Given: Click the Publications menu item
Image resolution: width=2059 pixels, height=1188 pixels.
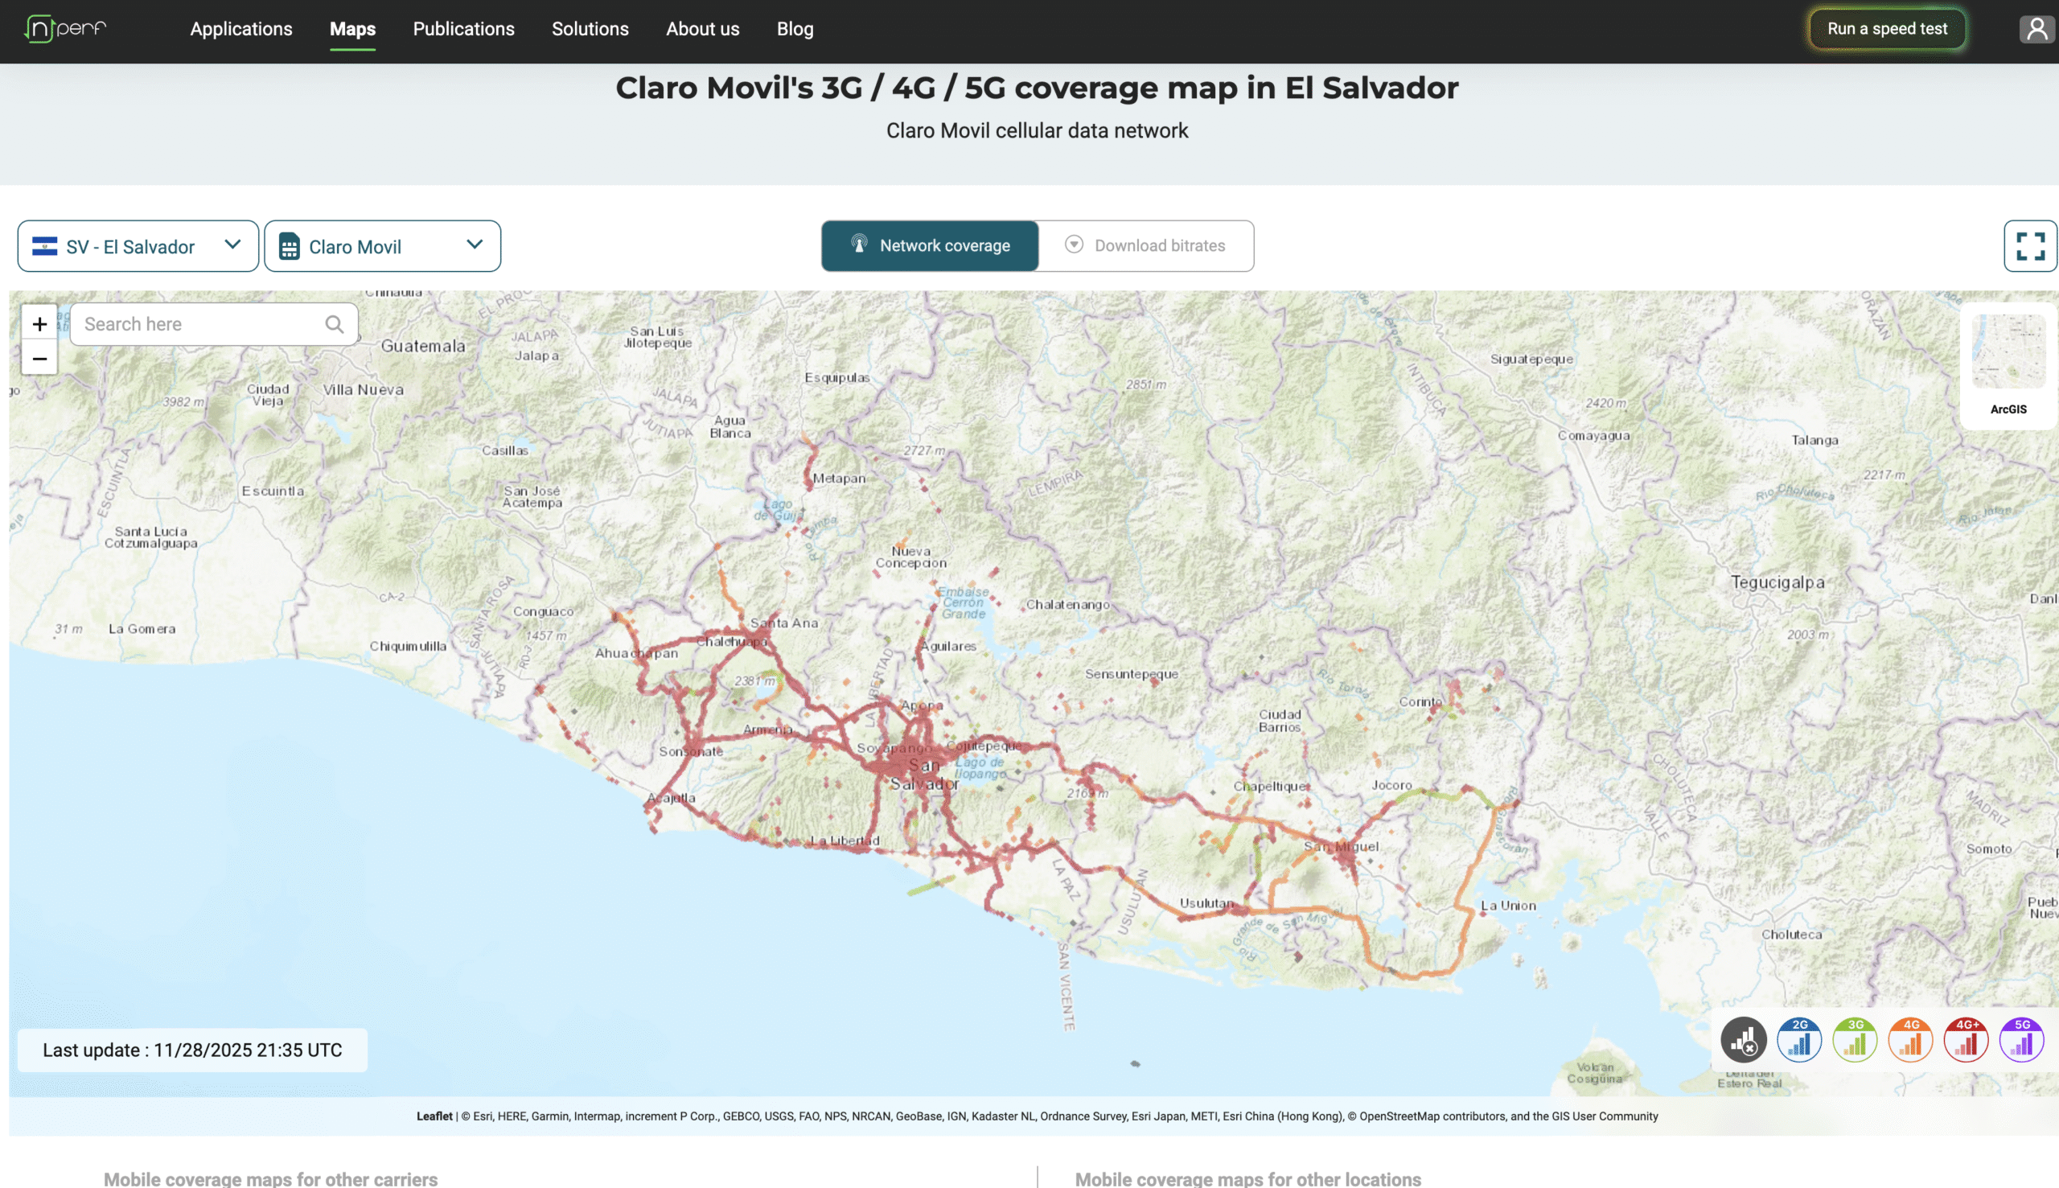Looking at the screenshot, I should point(463,29).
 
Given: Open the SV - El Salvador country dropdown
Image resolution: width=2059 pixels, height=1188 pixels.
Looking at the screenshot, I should point(138,245).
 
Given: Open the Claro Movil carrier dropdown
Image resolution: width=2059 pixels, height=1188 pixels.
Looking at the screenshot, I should point(382,245).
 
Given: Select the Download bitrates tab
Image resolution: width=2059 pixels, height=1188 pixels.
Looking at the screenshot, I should point(1146,245).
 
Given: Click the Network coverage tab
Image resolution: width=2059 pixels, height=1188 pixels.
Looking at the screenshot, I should point(930,245).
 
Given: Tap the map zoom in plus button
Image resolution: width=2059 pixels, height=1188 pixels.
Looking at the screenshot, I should point(39,324).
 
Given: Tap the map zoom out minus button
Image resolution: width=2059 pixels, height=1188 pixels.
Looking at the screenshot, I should point(39,358).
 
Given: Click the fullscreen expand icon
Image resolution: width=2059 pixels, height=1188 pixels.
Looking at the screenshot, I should point(2029,245).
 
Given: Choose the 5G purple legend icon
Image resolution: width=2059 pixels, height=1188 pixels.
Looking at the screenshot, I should point(2020,1039).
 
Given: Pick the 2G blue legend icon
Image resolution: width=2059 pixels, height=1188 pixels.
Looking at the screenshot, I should point(1798,1039).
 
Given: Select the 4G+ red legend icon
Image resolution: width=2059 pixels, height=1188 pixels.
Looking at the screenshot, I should point(1965,1039).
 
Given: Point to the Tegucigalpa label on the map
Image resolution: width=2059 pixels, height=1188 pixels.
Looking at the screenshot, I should point(1777,582).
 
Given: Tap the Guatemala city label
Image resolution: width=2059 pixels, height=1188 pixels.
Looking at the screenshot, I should point(422,346).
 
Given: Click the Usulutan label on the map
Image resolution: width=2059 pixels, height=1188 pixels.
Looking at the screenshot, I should point(1206,903).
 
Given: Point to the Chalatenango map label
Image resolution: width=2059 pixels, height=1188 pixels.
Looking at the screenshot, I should point(1067,605).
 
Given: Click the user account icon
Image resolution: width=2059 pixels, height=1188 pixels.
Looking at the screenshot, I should point(2036,29).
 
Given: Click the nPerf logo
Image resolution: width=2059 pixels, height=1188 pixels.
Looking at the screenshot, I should point(65,29).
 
